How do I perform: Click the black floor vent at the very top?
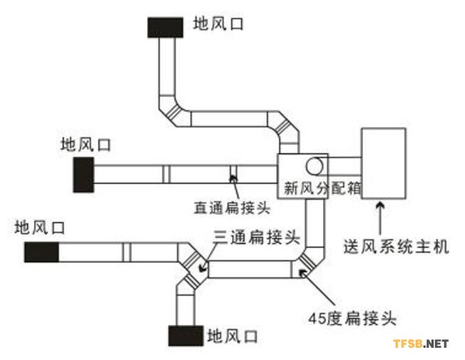(x=165, y=25)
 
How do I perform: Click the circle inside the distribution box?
(x=315, y=166)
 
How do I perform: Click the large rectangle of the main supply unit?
(x=382, y=163)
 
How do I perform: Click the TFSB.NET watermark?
(x=419, y=343)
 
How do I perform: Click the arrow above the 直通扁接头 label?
(x=232, y=183)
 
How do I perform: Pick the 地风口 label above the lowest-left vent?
(x=39, y=226)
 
